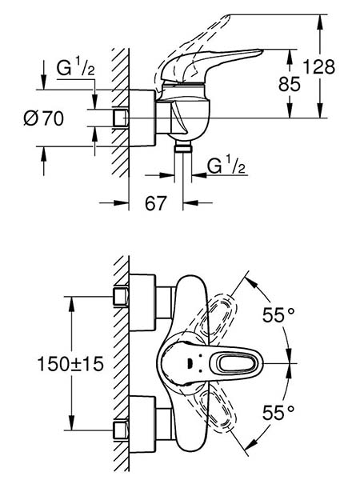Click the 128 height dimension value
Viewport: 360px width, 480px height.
point(319,67)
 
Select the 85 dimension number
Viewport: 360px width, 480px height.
point(290,84)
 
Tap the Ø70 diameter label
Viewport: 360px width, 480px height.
point(44,118)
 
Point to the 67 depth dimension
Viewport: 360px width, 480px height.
point(156,203)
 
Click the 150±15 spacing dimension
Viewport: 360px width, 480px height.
point(70,364)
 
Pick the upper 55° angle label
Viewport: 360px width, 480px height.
point(278,315)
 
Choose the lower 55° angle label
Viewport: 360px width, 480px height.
point(278,413)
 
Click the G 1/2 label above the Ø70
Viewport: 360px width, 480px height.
point(76,68)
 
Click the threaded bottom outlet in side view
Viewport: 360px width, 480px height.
point(183,148)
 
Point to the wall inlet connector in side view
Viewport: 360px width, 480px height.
point(120,118)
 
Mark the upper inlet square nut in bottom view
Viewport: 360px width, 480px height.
point(121,296)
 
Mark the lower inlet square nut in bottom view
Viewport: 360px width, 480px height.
point(121,430)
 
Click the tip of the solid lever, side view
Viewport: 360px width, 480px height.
point(262,50)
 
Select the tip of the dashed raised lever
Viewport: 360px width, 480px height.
point(227,16)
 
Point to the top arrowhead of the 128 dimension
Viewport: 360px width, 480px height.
point(321,21)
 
